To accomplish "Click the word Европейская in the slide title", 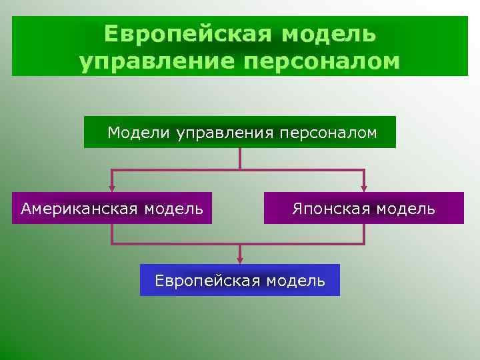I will tap(187, 33).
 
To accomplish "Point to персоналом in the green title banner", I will tap(318, 61).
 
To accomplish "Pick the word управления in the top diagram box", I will tap(223, 133).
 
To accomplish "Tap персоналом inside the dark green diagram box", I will tap(326, 133).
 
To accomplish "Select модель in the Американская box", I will tap(173, 209).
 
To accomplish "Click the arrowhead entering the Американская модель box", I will tap(112, 189).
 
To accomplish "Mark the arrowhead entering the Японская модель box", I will tap(363, 189).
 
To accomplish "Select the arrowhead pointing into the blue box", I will tap(240, 260).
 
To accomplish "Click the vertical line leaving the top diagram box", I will tap(240, 158).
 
